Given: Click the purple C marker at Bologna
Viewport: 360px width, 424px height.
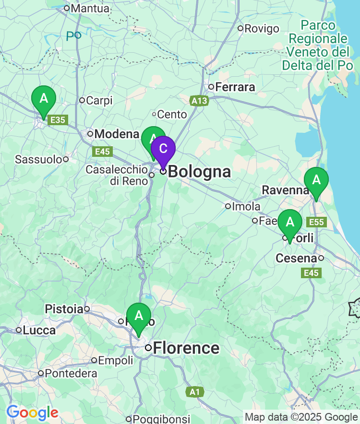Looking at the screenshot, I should click(x=163, y=149).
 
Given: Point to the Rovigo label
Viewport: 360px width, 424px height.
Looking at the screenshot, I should click(x=262, y=29).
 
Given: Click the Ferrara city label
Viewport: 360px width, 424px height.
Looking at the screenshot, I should click(x=235, y=87).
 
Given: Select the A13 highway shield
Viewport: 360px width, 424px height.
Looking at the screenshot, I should click(x=199, y=101).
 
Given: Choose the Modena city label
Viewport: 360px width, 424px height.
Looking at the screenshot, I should click(x=117, y=134).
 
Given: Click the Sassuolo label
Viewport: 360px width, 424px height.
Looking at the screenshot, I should click(x=38, y=159).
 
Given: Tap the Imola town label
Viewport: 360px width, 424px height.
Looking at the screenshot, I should click(x=246, y=207).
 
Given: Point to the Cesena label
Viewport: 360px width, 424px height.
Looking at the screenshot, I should click(x=296, y=259).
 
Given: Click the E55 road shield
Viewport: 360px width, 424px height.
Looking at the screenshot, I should click(x=317, y=222).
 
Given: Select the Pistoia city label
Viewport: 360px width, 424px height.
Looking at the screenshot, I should click(x=64, y=309).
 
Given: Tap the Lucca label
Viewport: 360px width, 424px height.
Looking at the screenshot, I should click(x=39, y=330).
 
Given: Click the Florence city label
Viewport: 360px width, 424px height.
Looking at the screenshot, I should click(x=186, y=348).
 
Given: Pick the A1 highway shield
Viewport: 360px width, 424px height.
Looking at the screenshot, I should click(x=194, y=392).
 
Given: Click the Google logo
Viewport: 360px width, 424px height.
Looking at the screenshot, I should click(x=32, y=412).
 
